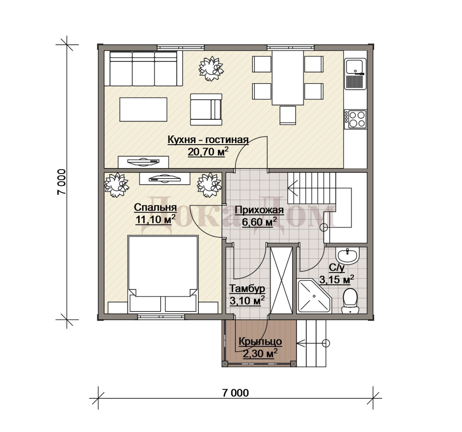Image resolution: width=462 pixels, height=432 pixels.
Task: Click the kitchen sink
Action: tap(355, 74)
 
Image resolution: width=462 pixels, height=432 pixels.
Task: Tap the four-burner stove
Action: tap(355, 119)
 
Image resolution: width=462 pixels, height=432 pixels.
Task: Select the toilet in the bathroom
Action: tap(350, 301)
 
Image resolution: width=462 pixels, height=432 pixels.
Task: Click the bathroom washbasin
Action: tap(348, 255)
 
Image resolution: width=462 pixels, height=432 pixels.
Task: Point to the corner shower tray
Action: tap(315, 296)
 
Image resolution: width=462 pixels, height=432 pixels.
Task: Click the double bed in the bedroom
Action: tap(162, 274)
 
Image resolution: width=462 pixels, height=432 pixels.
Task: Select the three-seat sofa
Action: tap(144, 69)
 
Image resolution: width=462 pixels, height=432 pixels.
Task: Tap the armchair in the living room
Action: tap(206, 110)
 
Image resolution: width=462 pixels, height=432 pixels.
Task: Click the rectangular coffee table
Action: tap(143, 109)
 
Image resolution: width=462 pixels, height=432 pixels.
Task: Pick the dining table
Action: tap(287, 78)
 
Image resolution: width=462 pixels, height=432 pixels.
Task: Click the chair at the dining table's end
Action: tap(287, 115)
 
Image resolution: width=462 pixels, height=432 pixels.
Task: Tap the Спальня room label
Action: tap(155, 208)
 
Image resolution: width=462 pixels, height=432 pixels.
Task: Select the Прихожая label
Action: tap(259, 210)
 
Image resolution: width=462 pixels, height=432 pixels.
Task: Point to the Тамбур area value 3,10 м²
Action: tap(247, 301)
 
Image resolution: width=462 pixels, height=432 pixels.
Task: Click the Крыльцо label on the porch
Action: tap(260, 342)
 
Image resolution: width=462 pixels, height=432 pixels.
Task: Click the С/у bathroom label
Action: tap(337, 268)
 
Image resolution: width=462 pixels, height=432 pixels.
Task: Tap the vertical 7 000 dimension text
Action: tap(61, 182)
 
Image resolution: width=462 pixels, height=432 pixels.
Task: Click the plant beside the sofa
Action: tap(211, 69)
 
